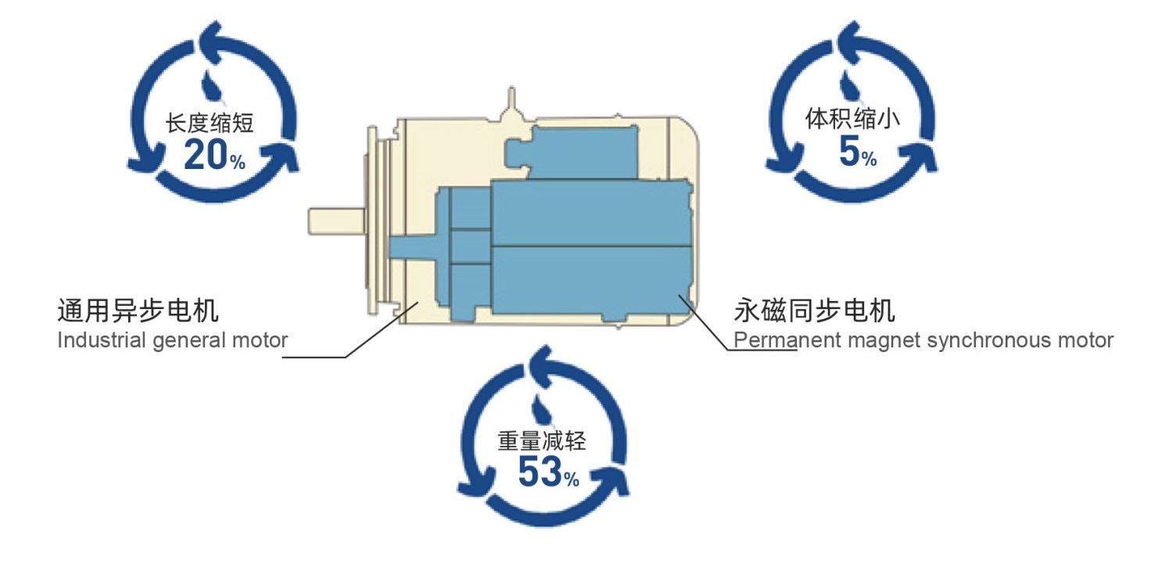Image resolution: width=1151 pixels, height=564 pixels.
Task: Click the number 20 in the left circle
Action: coord(205,156)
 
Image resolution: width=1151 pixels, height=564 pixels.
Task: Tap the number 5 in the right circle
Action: coord(848,152)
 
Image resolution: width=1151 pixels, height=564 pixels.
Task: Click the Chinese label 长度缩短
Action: coord(210,123)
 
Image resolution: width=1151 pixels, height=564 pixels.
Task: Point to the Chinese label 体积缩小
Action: coord(853,120)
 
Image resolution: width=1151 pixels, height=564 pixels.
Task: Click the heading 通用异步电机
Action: coord(138,311)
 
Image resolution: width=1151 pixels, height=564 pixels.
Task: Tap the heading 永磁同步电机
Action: coord(814,311)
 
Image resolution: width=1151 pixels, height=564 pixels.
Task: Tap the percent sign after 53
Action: coord(572,479)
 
